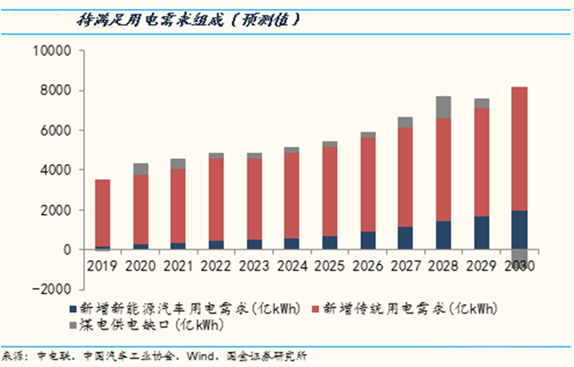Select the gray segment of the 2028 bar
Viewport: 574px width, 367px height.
click(443, 107)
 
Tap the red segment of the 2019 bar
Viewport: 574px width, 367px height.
click(102, 213)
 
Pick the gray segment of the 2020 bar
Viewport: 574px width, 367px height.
click(141, 169)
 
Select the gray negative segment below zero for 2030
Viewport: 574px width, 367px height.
click(520, 258)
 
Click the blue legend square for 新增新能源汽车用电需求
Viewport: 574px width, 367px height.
click(73, 309)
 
